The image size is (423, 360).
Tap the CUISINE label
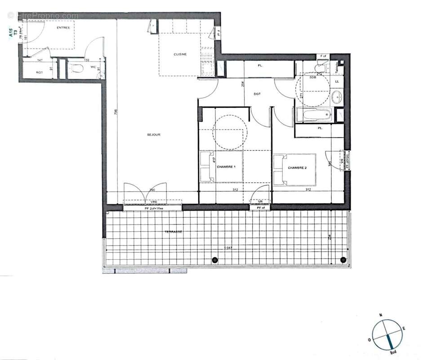tap(180, 54)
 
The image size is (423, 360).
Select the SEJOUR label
tap(154, 135)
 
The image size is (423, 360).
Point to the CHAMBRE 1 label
tap(227, 166)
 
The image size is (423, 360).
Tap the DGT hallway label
tap(257, 94)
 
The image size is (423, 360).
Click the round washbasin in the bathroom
tap(336, 96)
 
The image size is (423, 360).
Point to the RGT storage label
tap(40, 72)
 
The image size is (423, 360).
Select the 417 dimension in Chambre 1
tap(214, 160)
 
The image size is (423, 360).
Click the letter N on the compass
tap(380, 315)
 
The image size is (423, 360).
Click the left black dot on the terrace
tap(215, 260)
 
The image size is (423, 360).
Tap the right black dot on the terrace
tap(344, 260)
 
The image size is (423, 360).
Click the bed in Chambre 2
tap(294, 170)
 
